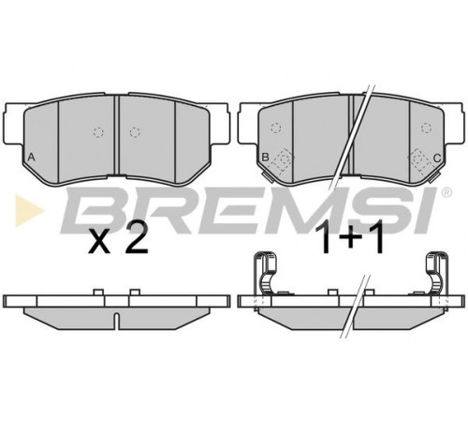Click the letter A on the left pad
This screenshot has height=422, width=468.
31,157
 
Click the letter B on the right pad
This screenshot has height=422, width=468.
265,157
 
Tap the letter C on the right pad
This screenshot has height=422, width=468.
437,158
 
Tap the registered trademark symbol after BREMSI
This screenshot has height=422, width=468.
446,193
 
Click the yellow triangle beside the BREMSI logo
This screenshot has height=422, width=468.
30,210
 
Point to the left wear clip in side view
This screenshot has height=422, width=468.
265,273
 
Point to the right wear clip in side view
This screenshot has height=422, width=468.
437,273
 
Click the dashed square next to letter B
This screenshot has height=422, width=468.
283,159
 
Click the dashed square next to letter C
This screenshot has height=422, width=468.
419,159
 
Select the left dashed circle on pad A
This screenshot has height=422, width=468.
98,132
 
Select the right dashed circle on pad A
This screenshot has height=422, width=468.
135,132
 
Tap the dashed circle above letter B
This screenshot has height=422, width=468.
276,128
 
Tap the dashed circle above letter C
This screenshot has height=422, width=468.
426,128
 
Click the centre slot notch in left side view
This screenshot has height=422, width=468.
116,321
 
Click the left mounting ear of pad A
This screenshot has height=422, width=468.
14,124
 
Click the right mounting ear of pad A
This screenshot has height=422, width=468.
218,124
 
